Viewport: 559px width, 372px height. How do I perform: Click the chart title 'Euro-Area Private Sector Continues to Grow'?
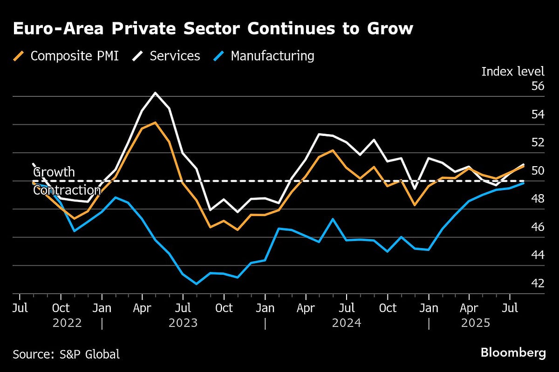213,29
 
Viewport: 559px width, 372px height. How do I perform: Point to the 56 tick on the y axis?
538,86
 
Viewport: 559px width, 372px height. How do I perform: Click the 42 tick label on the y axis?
538,284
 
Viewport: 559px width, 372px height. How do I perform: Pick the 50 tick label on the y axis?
538,171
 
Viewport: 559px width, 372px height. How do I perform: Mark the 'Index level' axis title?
512,71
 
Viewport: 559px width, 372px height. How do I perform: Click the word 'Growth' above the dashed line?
54,172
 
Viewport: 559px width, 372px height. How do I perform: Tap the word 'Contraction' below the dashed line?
67,190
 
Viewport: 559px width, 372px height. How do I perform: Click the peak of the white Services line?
155,93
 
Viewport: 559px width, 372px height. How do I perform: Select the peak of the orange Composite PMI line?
155,122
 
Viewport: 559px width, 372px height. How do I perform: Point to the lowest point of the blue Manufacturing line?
196,284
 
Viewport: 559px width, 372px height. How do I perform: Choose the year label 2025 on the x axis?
475,323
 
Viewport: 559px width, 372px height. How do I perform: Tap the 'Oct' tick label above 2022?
61,308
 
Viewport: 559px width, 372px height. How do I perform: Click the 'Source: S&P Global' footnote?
66,354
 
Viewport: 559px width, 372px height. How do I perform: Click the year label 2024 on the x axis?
347,323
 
